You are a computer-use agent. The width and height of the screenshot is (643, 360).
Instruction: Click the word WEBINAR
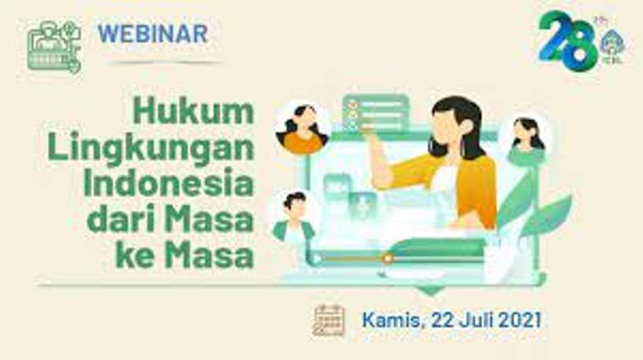click(x=153, y=35)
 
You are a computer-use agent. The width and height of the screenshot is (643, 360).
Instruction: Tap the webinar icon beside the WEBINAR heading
click(x=54, y=46)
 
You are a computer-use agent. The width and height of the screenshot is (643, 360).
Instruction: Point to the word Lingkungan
click(x=150, y=148)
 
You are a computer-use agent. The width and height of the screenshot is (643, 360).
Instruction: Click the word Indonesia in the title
click(x=168, y=183)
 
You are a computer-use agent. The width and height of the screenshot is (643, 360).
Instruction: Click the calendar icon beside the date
click(x=329, y=320)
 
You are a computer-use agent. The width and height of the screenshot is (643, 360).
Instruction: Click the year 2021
click(x=516, y=320)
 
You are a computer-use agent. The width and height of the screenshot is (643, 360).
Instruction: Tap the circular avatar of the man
click(x=294, y=216)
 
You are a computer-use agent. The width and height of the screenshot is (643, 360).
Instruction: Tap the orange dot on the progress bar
click(x=387, y=258)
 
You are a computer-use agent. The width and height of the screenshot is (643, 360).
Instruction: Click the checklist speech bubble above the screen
click(x=376, y=112)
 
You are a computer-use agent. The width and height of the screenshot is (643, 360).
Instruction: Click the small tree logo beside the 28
click(x=612, y=43)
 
